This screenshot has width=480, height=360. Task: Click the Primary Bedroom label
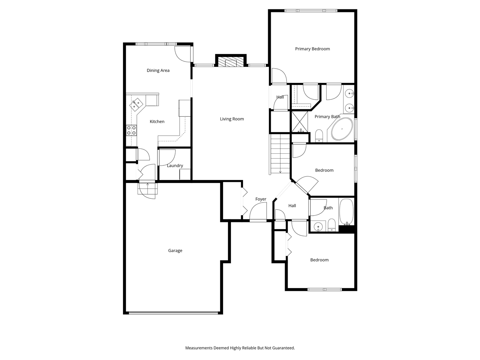[312, 49]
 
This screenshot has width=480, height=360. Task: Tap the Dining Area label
[158, 70]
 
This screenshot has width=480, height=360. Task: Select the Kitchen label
[157, 121]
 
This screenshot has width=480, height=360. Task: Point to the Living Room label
[232, 119]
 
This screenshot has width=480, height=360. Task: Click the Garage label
[175, 250]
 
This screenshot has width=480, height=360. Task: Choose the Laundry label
[175, 166]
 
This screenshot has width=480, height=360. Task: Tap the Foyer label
[261, 199]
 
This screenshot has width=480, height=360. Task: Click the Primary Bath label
[327, 117]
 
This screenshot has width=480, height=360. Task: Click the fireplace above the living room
[231, 62]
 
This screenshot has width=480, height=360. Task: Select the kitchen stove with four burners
[131, 130]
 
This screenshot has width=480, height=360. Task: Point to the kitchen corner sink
[136, 103]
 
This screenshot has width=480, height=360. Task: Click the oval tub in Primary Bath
[342, 129]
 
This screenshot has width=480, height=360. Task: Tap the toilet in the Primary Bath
[319, 135]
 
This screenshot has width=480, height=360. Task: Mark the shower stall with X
[300, 121]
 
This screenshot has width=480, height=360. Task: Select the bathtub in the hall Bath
[346, 212]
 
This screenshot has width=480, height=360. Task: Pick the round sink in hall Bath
[318, 226]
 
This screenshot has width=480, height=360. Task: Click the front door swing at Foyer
[258, 212]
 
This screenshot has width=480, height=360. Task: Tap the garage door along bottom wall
[173, 312]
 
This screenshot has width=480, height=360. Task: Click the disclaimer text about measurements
[240, 348]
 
